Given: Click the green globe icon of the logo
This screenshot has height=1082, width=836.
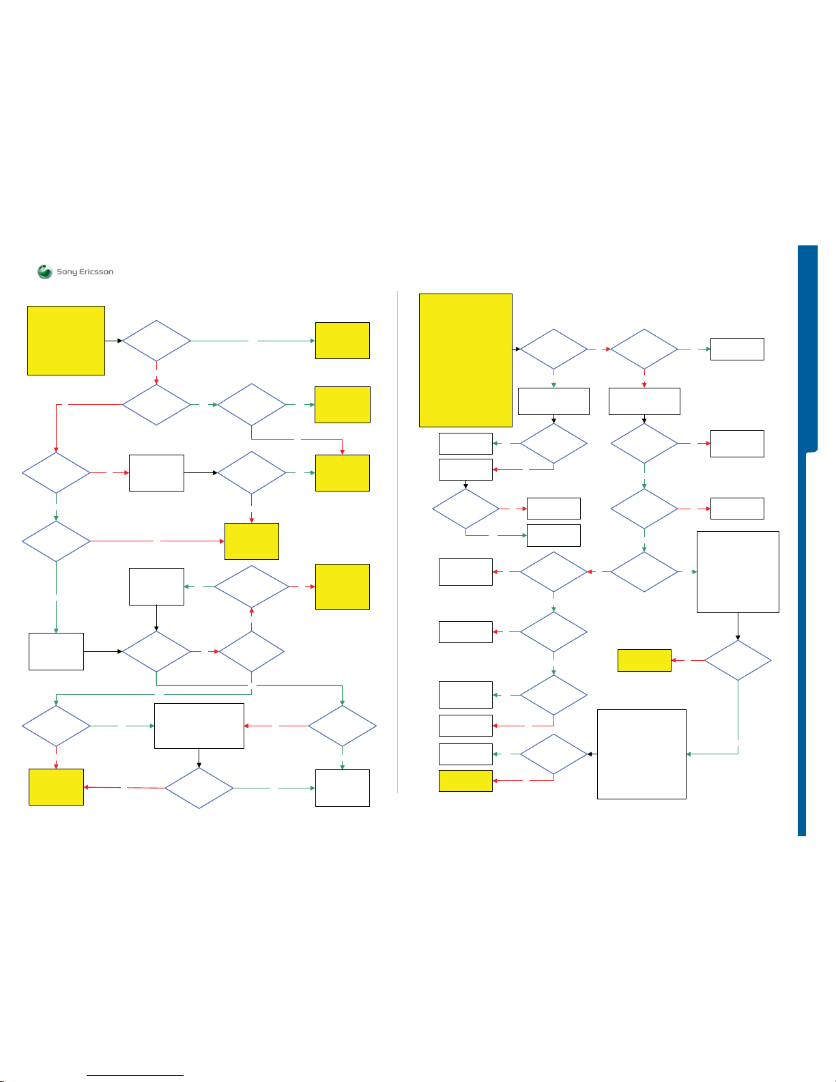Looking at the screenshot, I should (45, 272).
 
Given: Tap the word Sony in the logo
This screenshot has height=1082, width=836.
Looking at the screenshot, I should (67, 272).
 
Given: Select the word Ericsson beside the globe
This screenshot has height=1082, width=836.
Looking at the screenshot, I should (96, 272).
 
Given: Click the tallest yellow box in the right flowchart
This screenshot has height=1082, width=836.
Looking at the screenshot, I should (465, 360).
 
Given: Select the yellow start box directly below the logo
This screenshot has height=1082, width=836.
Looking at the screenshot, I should (66, 341).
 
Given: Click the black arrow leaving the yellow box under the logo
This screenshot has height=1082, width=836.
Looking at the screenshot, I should (113, 341).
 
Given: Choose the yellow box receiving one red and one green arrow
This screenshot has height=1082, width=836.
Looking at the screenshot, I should (343, 472).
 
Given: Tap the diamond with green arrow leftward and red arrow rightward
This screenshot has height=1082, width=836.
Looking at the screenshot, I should (252, 586).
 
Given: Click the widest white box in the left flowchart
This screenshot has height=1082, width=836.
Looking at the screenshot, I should (199, 726).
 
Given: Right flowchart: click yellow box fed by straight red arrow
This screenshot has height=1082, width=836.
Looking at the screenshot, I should (644, 660).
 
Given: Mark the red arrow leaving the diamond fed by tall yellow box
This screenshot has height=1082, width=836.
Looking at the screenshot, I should (599, 349).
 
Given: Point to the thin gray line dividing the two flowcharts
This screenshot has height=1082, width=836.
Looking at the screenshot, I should (397, 546).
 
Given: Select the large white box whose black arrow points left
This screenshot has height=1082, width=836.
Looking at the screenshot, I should (642, 754).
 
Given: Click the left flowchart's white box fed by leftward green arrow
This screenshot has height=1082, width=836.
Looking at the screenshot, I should (156, 586).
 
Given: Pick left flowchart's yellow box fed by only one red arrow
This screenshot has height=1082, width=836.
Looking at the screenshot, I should (56, 786).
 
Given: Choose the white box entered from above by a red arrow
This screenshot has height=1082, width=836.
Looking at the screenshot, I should (644, 401).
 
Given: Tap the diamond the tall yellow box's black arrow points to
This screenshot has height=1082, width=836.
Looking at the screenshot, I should (553, 349).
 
